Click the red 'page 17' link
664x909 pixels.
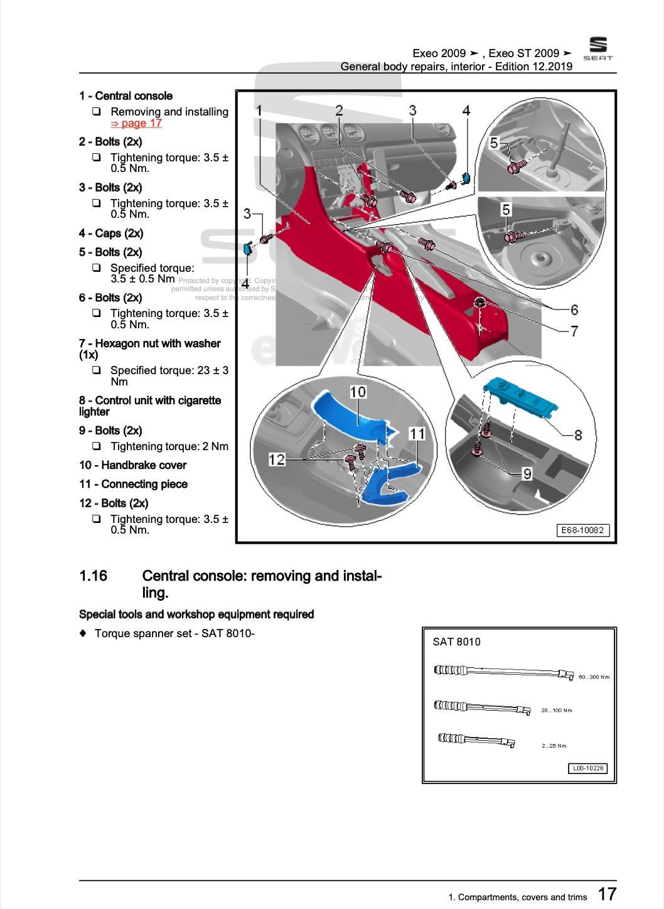click(x=136, y=124)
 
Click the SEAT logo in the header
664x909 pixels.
click(x=597, y=48)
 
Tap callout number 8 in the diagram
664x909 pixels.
click(x=577, y=434)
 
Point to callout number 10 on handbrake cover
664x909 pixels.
click(x=357, y=392)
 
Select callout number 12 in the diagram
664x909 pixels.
click(x=276, y=460)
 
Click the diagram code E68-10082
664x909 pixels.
click(x=582, y=530)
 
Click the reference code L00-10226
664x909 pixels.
click(x=588, y=768)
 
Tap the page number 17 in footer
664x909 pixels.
click(x=606, y=894)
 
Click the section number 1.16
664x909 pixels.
click(x=93, y=576)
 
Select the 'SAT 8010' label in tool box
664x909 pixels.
click(x=456, y=642)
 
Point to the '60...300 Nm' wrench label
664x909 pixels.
click(x=593, y=677)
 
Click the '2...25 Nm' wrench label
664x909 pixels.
click(x=554, y=746)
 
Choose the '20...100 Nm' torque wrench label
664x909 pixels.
click(x=556, y=711)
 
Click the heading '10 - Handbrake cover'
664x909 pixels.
click(x=132, y=465)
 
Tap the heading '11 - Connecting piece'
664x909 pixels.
click(x=133, y=484)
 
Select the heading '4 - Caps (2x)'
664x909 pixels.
click(x=111, y=234)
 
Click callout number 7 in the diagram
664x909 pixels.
click(x=574, y=331)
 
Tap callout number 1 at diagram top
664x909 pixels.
click(x=259, y=110)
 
